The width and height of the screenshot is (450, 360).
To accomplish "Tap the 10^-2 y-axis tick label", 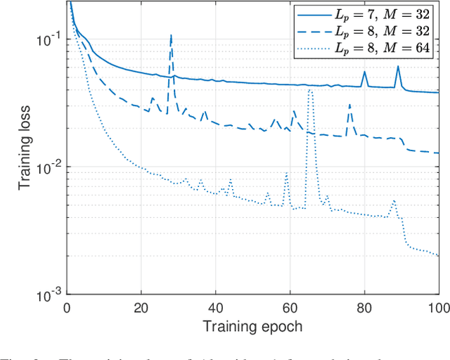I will [x=49, y=167].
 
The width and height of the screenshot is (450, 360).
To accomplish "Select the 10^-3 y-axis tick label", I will [x=49, y=294].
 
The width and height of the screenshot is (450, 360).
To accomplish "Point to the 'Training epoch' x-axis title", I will [x=252, y=327].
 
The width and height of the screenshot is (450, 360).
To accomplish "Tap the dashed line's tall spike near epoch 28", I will [x=171, y=34].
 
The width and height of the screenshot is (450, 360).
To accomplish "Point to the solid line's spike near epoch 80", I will [x=364, y=71].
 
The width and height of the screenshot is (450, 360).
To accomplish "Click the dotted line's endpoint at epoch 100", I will [x=438, y=256].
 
